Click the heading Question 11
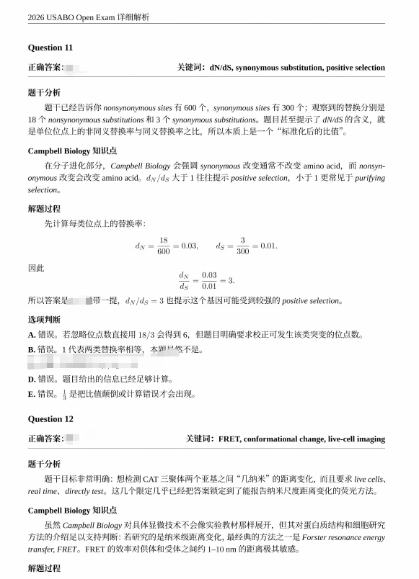pyautogui.click(x=50, y=48)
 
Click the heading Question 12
pyautogui.click(x=50, y=418)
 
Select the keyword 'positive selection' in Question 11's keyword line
pyautogui.click(x=355, y=68)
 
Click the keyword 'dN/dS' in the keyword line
pyautogui.click(x=221, y=68)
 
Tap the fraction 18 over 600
pyautogui.click(x=163, y=246)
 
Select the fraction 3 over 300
pyautogui.click(x=242, y=246)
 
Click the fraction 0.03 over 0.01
pyautogui.click(x=209, y=279)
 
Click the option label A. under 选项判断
pyautogui.click(x=32, y=335)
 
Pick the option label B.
pyautogui.click(x=32, y=350)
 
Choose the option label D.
pyautogui.click(x=32, y=379)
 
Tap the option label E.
pyautogui.click(x=32, y=394)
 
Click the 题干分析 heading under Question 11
pyautogui.click(x=44, y=92)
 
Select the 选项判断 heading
pyautogui.click(x=44, y=319)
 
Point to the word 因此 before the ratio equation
pyautogui.click(x=36, y=268)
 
